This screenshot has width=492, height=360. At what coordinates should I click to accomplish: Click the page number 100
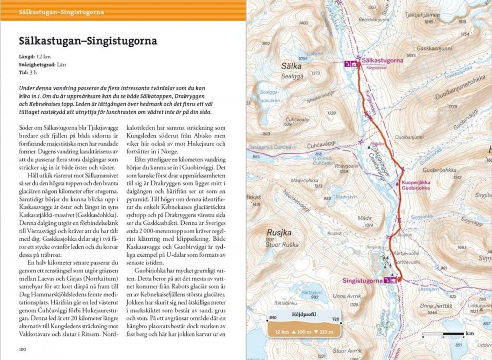23,349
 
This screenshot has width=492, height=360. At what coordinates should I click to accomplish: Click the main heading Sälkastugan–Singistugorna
88,41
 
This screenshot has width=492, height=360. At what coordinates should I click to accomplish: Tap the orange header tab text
61,12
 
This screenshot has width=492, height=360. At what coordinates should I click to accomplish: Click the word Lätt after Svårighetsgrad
62,64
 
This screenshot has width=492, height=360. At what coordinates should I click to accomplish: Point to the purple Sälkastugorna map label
382,60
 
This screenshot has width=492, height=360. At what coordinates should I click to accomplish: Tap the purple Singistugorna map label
362,280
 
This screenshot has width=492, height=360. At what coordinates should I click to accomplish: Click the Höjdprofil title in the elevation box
304,314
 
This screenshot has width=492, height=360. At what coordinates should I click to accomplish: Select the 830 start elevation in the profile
273,317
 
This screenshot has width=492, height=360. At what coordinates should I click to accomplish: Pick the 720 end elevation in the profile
335,319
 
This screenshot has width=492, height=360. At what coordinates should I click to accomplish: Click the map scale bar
443,334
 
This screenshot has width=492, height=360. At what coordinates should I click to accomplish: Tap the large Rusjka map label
279,233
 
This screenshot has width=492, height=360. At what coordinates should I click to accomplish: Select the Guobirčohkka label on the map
439,170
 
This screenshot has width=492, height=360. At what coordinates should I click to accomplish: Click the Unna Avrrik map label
347,296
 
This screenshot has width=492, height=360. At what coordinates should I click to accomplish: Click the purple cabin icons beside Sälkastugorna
351,64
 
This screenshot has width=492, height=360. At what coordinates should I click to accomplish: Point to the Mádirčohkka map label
304,180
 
